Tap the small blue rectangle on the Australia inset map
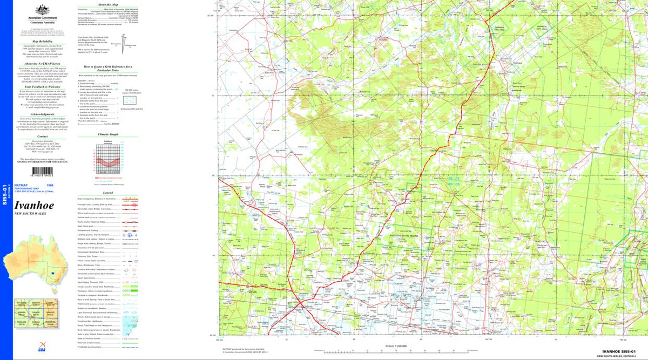pos(53,273)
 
